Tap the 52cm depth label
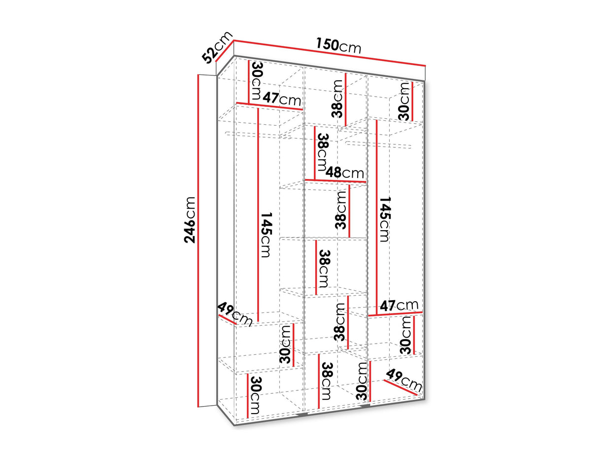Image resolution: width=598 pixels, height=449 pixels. pos(217,50)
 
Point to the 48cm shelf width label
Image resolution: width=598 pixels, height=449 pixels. pos(344,173)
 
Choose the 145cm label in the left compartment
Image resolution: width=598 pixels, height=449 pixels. pos(266,235)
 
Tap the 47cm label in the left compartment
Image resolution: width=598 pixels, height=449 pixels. pos(281,99)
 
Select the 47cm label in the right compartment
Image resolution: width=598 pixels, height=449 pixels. pos(399,306)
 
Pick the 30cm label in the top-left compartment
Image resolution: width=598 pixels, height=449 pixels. pos(257,81)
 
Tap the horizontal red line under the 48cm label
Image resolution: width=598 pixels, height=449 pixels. pos(335,181)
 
